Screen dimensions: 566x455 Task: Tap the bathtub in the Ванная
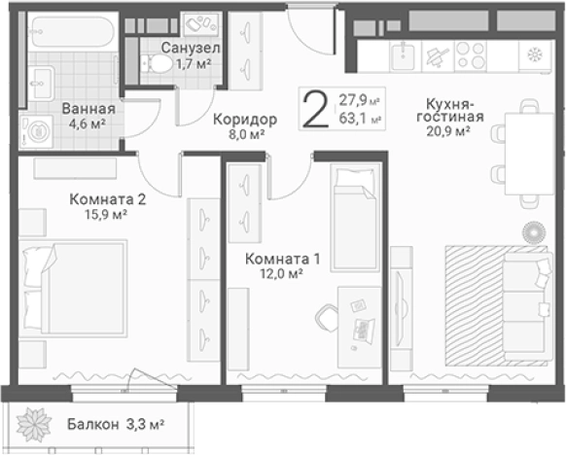(74, 32)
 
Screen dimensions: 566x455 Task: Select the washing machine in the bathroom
(36, 132)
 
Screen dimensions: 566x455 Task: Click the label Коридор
(245, 119)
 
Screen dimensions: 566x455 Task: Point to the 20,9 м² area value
(448, 131)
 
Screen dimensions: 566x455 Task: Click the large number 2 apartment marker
(316, 109)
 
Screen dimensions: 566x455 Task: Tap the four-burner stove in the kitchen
(470, 54)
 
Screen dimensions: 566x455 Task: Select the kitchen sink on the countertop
(405, 55)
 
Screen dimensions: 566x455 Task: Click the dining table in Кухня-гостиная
(529, 154)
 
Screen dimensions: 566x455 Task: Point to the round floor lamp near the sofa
(534, 232)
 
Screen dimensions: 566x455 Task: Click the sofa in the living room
(527, 306)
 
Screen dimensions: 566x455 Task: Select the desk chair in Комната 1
(327, 318)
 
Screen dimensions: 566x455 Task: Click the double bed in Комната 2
(73, 288)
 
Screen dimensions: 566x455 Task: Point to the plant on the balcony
(34, 424)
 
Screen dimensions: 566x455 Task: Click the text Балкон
(92, 424)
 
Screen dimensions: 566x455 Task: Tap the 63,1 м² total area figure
(360, 119)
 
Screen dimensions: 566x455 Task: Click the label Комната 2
(108, 199)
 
